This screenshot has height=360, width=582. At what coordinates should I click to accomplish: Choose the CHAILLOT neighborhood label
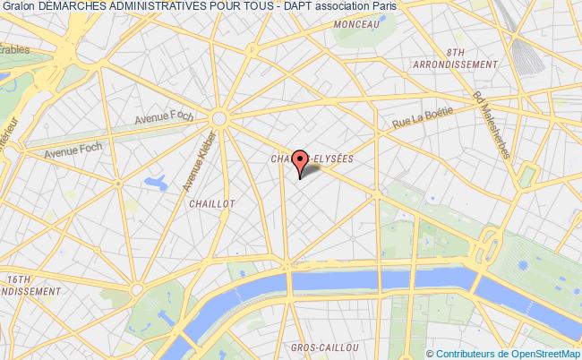212,203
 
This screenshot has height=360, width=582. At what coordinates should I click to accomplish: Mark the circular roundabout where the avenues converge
219,116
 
